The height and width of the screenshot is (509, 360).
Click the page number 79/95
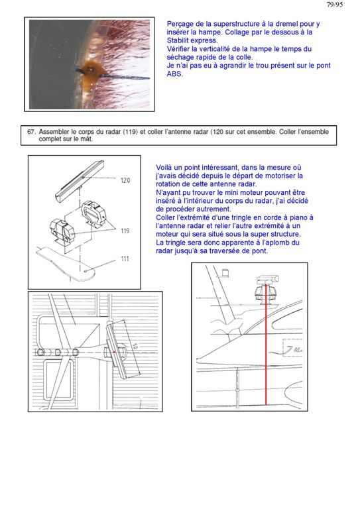pos(334,5)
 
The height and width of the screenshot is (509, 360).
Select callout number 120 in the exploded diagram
pos(125,180)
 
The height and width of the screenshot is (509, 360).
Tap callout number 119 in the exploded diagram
pos(125,231)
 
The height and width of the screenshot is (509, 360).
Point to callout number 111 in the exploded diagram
pos(125,258)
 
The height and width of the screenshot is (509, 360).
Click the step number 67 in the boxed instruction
pos(31,132)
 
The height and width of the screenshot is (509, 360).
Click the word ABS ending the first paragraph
pos(174,74)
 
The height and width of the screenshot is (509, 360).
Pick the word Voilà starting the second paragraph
pos(164,168)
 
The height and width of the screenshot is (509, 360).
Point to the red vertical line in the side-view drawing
pos(266,345)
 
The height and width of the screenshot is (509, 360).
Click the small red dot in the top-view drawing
pos(114,351)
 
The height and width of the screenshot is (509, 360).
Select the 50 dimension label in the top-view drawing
pos(135,346)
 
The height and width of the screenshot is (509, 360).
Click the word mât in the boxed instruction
pos(87,139)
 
